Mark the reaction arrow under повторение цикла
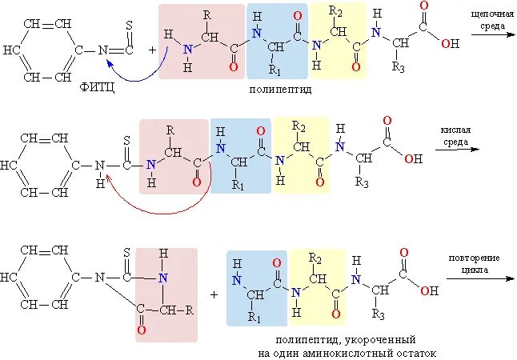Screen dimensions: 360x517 pyautogui.click(x=479, y=280)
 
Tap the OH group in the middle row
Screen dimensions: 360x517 pyautogui.click(x=413, y=158)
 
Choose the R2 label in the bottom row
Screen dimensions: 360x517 pyautogui.click(x=317, y=255)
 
